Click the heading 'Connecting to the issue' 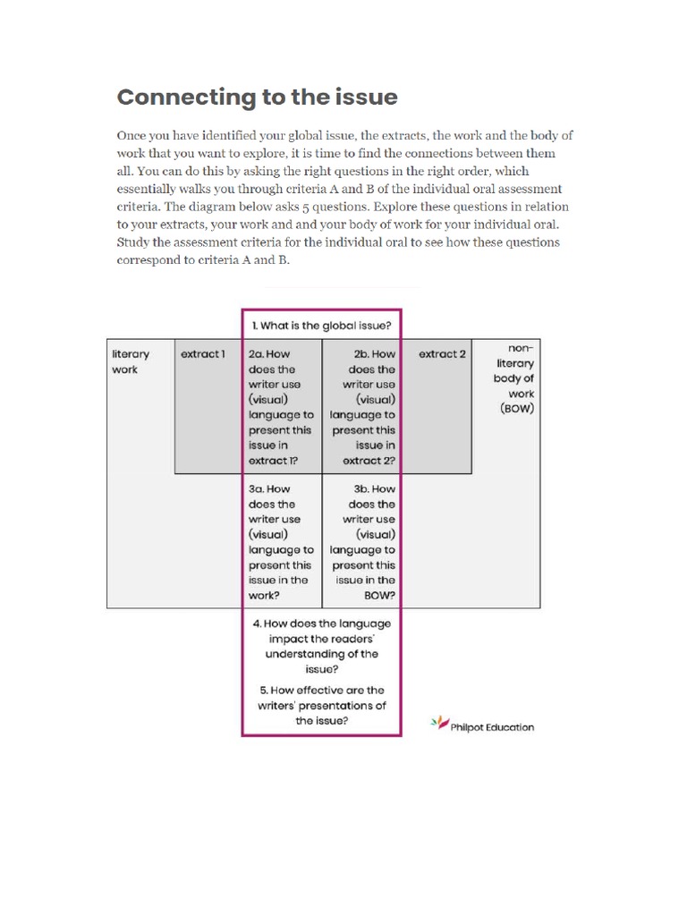(x=258, y=97)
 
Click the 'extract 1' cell (x=203, y=354)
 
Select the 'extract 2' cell (x=442, y=354)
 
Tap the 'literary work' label (x=131, y=361)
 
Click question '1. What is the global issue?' (x=321, y=325)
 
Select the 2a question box (x=281, y=408)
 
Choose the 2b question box (x=362, y=408)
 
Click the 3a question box (x=281, y=542)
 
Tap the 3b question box (x=362, y=542)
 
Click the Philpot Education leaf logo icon (x=439, y=723)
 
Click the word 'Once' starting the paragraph (x=132, y=136)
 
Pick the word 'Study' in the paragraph (x=132, y=242)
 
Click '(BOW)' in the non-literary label (x=517, y=409)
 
